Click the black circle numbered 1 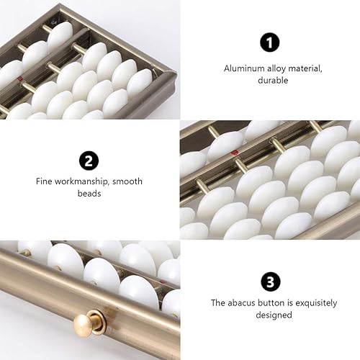269,42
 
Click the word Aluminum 238,69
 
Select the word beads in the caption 89,194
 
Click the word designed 269,315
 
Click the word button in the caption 275,303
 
